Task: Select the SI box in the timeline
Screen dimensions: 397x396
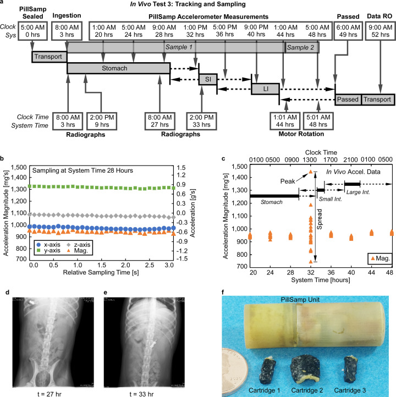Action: pos(208,79)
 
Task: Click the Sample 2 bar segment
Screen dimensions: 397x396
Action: pos(301,48)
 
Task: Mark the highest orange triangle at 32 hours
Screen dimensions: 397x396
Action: pos(310,172)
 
